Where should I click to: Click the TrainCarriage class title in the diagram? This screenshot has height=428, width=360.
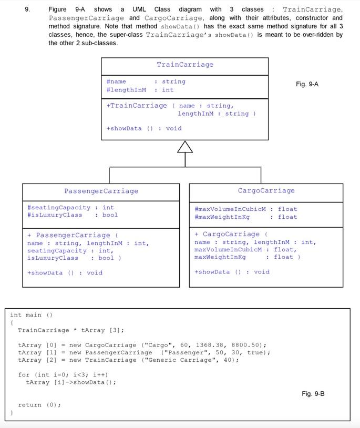(185, 65)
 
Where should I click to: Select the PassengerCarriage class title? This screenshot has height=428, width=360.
(101, 191)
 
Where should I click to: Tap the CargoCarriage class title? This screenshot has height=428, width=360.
(266, 190)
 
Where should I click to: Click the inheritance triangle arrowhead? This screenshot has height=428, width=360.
(185, 147)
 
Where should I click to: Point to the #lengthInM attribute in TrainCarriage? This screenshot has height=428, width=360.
(126, 90)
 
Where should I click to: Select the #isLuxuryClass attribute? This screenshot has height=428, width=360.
(55, 215)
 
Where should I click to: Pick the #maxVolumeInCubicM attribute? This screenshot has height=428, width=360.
(230, 209)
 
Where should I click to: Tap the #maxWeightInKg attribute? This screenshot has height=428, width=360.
(222, 217)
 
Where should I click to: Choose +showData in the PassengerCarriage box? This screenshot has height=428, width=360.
(45, 272)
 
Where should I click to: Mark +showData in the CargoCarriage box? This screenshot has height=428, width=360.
(212, 271)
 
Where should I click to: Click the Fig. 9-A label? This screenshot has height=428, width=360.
(307, 84)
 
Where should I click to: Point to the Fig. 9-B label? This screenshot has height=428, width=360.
(313, 393)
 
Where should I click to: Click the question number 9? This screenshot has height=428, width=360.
(27, 9)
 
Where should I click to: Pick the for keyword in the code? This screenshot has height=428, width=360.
(24, 374)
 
